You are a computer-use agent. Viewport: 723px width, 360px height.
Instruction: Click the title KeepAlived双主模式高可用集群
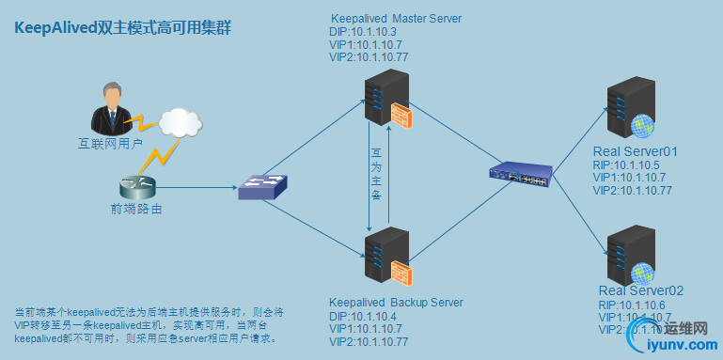[123, 30]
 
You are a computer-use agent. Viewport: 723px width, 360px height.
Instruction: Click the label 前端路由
[136, 210]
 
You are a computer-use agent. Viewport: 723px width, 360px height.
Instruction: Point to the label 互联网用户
[110, 145]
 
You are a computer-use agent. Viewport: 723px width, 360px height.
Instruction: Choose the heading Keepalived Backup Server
[396, 302]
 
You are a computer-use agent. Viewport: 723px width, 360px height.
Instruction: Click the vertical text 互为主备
[376, 175]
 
